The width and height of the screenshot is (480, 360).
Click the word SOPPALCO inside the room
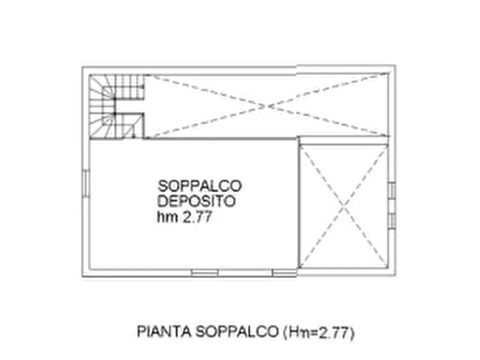pyautogui.click(x=199, y=186)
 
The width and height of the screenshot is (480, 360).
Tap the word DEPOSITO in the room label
pyautogui.click(x=196, y=201)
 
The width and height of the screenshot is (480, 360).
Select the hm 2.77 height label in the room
pyautogui.click(x=184, y=217)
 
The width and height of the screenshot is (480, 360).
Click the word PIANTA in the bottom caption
pyautogui.click(x=164, y=332)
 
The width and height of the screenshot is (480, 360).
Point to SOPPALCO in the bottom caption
pyautogui.click(x=237, y=332)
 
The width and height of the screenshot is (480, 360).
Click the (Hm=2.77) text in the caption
pyautogui.click(x=318, y=333)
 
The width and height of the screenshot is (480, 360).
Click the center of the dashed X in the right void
pyautogui.click(x=343, y=207)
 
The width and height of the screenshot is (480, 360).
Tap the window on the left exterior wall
pyautogui.click(x=86, y=183)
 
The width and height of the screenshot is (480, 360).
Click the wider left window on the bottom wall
pyautogui.click(x=204, y=273)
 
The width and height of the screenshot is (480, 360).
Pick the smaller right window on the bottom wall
pyautogui.click(x=284, y=273)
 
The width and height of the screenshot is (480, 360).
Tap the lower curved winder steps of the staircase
pyautogui.click(x=102, y=126)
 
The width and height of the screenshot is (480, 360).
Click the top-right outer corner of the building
pyautogui.click(x=395, y=66)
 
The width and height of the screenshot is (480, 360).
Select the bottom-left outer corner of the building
pyautogui.click(x=82, y=277)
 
